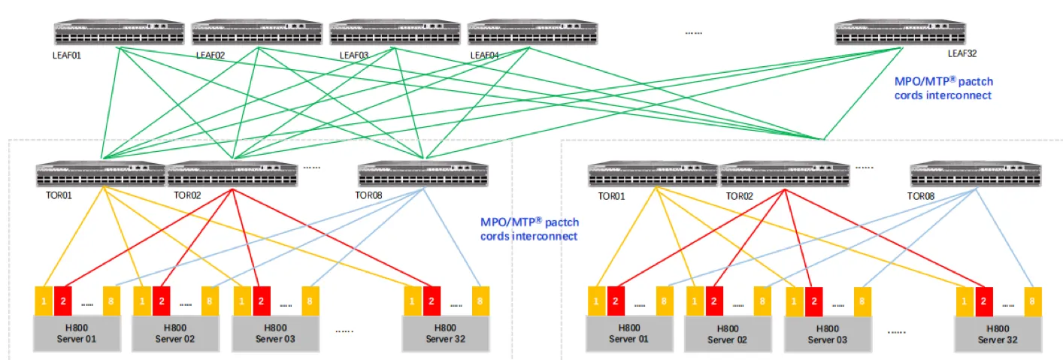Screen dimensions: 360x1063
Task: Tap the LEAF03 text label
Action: [x=353, y=54]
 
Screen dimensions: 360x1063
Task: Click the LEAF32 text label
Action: [x=962, y=53]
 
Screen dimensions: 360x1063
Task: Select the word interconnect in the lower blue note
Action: [x=545, y=237]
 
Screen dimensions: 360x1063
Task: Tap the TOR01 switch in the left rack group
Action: [x=101, y=174]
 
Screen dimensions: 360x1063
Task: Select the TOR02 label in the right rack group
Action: [x=741, y=195]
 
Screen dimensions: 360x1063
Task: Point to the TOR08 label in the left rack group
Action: [x=371, y=195]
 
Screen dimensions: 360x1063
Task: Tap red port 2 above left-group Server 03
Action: [x=261, y=301]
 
